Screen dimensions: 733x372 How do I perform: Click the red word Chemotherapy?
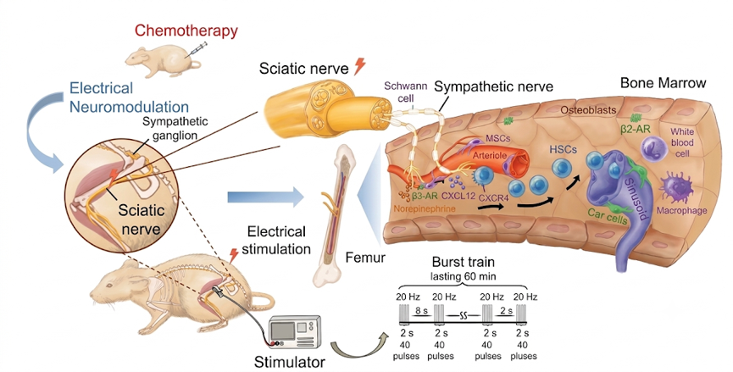point(186,31)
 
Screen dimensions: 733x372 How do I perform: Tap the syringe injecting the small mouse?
point(197,49)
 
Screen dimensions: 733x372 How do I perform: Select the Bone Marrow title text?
point(663,83)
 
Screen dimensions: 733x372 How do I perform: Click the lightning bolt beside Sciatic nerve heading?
point(359,66)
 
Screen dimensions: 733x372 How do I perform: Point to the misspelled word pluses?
point(523,356)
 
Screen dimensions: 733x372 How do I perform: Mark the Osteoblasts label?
point(588,110)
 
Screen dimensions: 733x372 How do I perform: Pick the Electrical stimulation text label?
point(276,240)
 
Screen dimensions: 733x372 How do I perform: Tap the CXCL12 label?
point(453,196)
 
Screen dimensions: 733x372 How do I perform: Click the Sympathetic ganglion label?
point(175,128)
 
